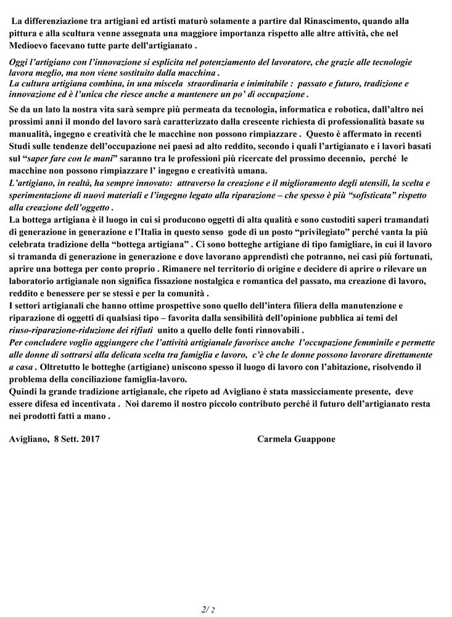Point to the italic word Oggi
point(20,63)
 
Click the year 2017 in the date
point(88,439)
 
